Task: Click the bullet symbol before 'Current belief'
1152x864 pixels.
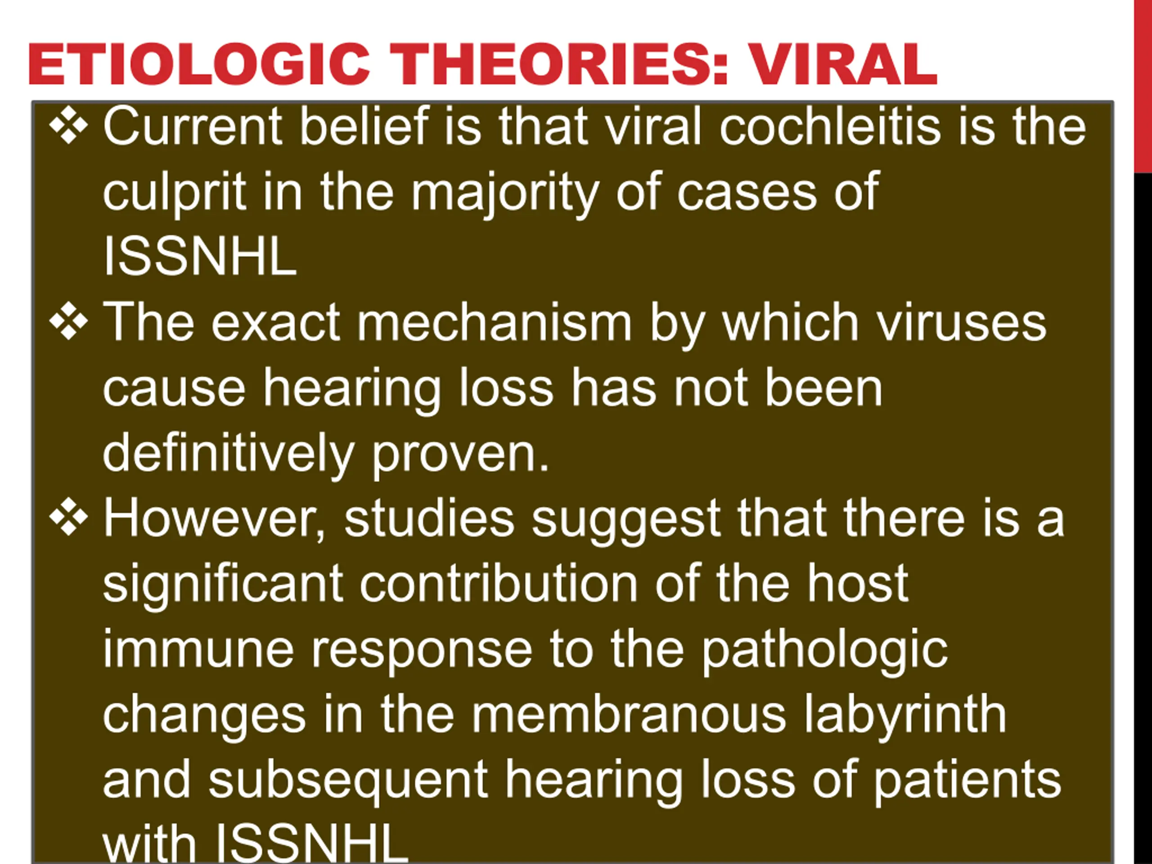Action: (x=69, y=126)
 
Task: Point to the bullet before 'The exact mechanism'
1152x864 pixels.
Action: (x=69, y=322)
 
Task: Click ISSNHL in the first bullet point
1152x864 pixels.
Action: (x=200, y=256)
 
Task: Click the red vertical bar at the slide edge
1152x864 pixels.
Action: (x=1143, y=86)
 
